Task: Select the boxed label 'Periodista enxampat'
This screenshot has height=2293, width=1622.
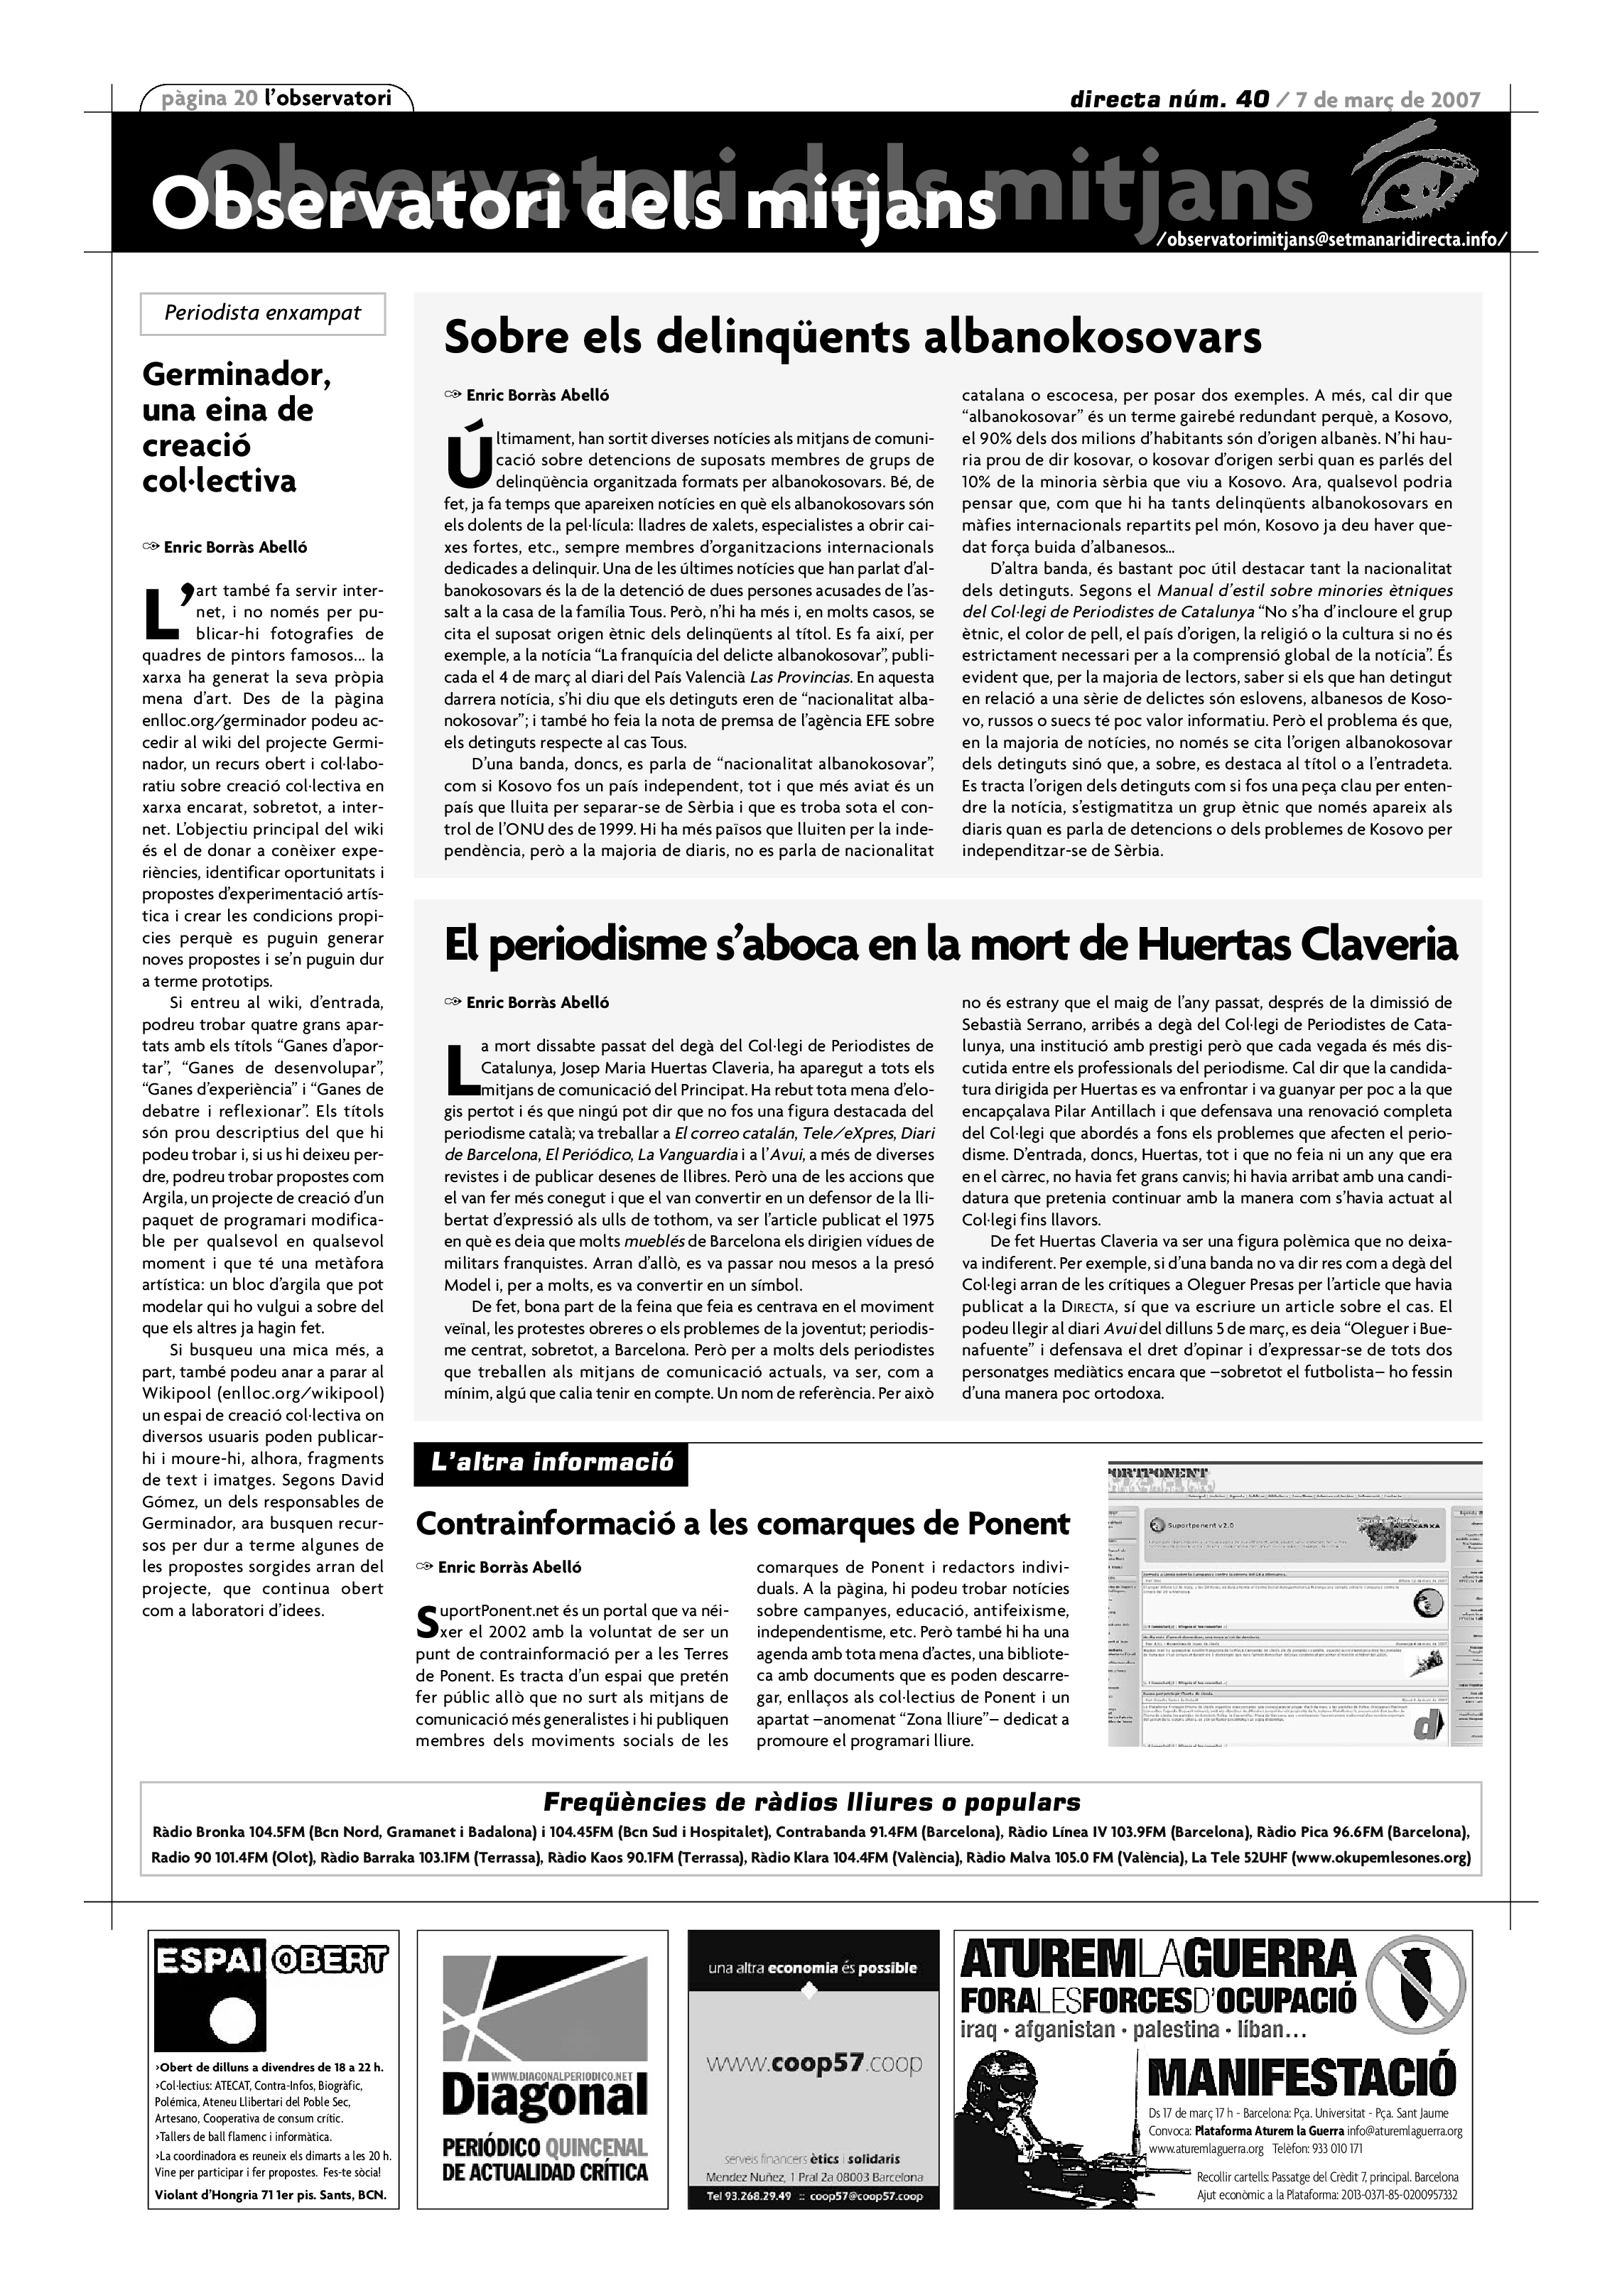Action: (x=263, y=313)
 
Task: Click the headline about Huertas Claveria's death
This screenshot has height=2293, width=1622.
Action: (x=950, y=945)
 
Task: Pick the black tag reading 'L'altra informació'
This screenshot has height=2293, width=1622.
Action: (x=551, y=1465)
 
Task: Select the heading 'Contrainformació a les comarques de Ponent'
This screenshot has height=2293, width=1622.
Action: (x=742, y=1524)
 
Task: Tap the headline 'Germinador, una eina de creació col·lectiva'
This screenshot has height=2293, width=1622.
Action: (x=236, y=428)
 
